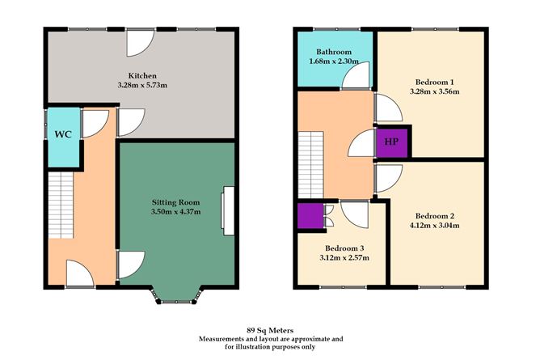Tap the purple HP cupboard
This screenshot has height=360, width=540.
pos(391,142)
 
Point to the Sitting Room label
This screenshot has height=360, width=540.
pos(175,201)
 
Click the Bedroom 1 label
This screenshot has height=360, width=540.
pos(435,82)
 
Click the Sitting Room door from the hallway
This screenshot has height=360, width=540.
pos(131,263)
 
